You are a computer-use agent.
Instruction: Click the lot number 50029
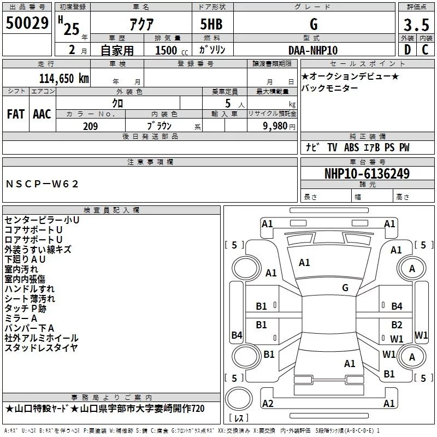(27, 23)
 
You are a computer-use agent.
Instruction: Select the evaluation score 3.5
(415, 26)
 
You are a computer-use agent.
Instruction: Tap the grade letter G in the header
(313, 25)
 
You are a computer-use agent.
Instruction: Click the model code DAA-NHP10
(313, 50)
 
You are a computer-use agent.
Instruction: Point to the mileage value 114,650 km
(64, 78)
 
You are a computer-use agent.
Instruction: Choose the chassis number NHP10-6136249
(367, 174)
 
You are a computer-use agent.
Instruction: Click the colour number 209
(90, 126)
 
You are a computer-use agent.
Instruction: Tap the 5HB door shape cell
(211, 25)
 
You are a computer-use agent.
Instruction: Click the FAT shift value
(15, 114)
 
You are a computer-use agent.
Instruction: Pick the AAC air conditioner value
(42, 114)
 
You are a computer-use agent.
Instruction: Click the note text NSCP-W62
(42, 184)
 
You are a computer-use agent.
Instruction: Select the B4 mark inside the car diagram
(397, 306)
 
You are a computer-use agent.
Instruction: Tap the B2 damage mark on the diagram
(397, 325)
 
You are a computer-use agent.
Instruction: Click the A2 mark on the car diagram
(268, 403)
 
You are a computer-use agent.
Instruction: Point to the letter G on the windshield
(345, 287)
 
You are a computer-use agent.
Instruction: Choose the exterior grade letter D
(406, 50)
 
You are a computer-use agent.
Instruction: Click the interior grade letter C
(425, 50)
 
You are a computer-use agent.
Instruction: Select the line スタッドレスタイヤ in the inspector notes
(42, 348)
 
